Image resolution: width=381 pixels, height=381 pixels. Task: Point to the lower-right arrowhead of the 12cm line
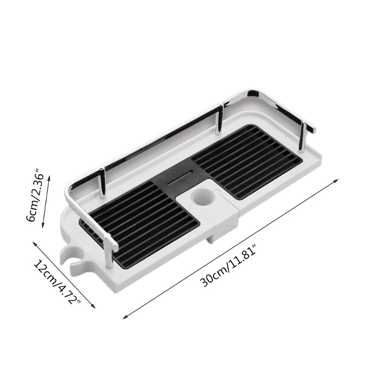pos(95,307)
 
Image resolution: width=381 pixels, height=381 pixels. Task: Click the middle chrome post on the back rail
pos(221,119)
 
